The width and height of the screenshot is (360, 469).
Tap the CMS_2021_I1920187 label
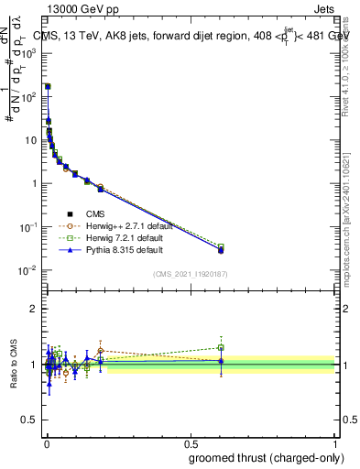pos(191,273)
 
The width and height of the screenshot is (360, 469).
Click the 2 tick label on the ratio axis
pos(33,309)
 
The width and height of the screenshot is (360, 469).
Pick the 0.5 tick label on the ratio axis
pos(28,421)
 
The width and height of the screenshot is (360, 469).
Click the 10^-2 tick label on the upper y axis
pos(27,270)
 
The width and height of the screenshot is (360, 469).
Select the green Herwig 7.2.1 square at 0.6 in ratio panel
pos(221,347)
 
